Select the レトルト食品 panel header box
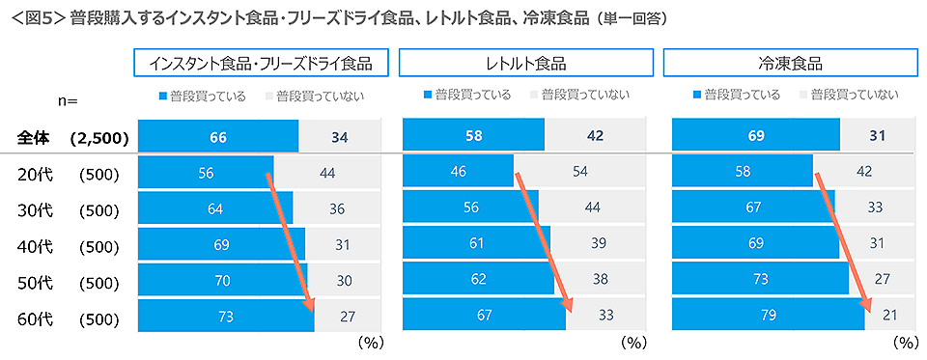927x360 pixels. point(525,64)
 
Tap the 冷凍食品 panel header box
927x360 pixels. point(790,64)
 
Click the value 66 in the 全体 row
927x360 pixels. point(218,137)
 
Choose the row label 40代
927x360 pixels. point(36,246)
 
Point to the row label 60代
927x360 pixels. point(36,317)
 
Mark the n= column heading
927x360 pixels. point(67,100)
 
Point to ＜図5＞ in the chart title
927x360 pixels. point(36,17)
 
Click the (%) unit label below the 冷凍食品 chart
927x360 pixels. point(904,342)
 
